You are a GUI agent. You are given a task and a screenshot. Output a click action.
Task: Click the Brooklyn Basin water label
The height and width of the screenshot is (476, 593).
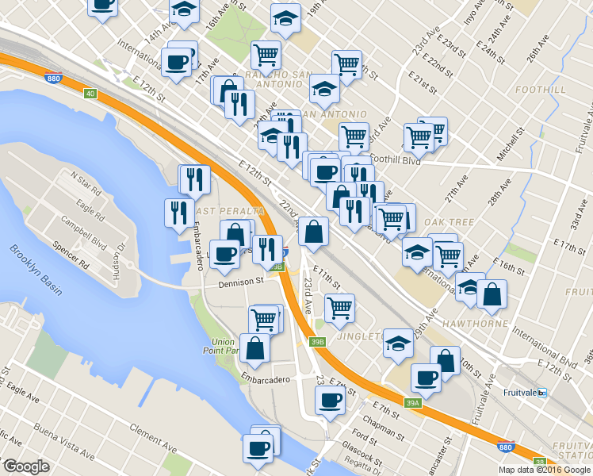tap(36, 270)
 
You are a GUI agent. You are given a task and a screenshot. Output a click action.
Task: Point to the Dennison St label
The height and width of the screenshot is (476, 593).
tap(242, 282)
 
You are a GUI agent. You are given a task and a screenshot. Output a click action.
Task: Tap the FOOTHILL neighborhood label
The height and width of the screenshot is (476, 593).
tap(540, 90)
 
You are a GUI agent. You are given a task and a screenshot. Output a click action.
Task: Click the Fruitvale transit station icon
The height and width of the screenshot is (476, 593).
tap(542, 393)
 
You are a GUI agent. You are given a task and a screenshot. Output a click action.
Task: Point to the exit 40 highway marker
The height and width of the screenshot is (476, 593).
tap(90, 94)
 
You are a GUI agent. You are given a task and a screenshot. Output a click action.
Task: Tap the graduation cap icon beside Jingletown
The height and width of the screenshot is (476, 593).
tap(398, 343)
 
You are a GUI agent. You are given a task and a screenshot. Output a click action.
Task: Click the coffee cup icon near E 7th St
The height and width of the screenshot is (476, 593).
tap(329, 400)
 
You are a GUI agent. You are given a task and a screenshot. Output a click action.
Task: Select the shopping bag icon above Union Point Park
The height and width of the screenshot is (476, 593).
tap(254, 347)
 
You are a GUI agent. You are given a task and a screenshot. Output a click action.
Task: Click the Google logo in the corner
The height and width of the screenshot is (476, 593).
tap(27, 466)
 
